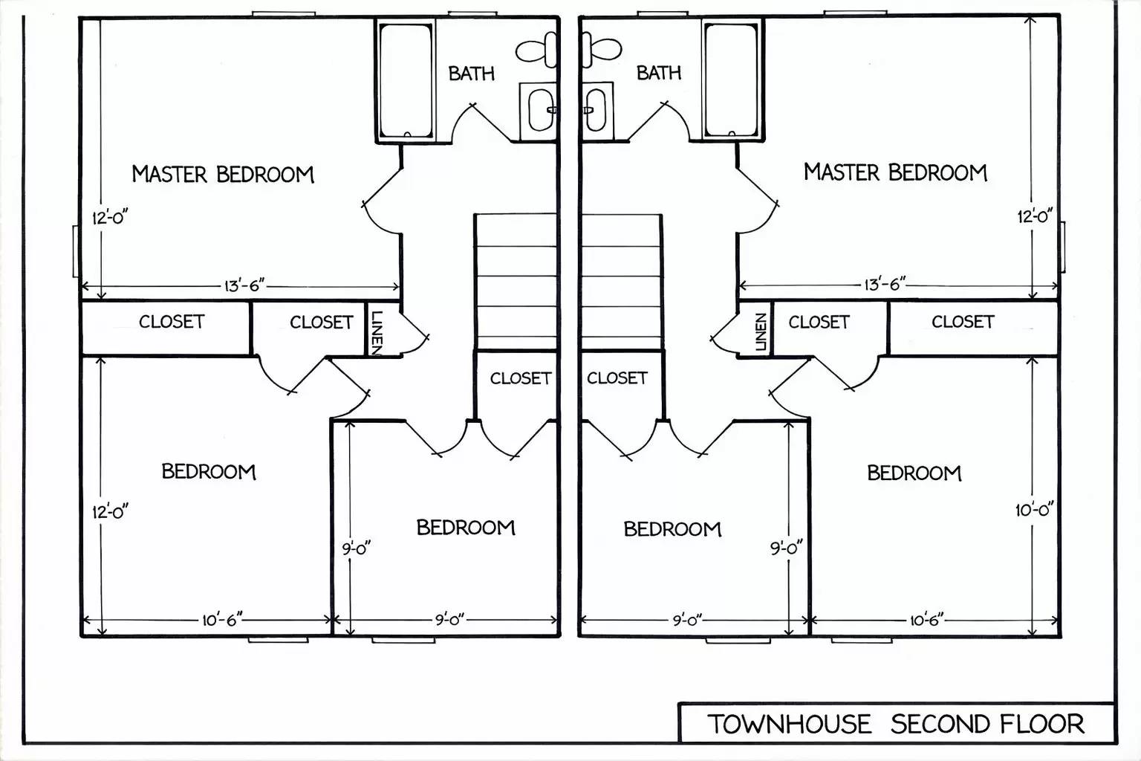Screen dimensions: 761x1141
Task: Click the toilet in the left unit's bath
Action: click(x=537, y=50)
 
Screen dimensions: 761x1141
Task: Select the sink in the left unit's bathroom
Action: click(x=540, y=110)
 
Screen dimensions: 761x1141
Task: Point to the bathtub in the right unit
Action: click(x=732, y=80)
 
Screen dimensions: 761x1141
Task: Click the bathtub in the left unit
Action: click(x=406, y=80)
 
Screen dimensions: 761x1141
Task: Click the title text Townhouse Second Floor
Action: click(x=895, y=723)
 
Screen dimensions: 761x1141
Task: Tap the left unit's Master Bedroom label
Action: click(x=223, y=175)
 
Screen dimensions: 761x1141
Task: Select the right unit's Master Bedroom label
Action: click(x=895, y=172)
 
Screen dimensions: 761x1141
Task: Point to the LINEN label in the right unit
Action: click(x=760, y=331)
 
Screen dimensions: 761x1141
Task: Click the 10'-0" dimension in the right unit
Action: click(x=1034, y=511)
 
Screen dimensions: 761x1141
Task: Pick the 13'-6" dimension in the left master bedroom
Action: click(x=244, y=286)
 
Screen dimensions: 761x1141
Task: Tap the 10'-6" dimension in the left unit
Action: click(x=222, y=620)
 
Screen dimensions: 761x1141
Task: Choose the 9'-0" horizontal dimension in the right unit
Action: click(x=687, y=620)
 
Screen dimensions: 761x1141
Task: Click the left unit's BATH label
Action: click(x=471, y=74)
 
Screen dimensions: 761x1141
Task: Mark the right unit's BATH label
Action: click(x=659, y=73)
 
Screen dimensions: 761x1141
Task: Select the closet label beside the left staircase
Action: click(x=520, y=378)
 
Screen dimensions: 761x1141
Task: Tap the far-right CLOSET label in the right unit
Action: click(x=963, y=322)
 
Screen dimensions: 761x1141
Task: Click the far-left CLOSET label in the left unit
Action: click(x=172, y=322)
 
